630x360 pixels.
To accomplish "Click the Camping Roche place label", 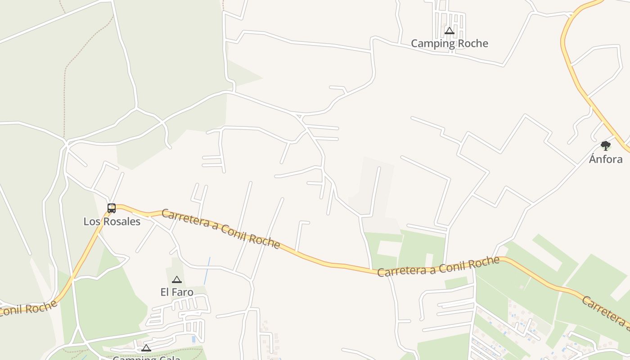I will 449,44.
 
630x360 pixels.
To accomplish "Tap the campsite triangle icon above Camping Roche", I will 449,31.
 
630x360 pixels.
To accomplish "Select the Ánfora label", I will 606,159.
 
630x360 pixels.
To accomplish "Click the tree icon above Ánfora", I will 606,145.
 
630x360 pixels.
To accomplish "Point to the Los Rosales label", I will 112,221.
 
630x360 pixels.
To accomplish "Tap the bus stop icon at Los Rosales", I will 112,208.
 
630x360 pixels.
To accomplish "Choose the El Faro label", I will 177,292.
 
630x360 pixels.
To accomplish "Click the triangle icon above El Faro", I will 177,280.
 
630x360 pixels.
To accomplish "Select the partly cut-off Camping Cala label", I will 146,358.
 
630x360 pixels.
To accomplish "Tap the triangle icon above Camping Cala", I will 146,348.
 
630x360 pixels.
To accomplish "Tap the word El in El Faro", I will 165,292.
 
